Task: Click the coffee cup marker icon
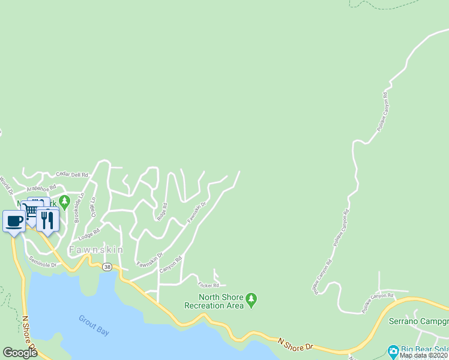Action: coord(14,221)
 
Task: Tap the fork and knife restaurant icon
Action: coord(48,220)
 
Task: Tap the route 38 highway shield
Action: coord(107,266)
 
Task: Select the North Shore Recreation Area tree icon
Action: coord(252,298)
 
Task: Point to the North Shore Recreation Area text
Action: coord(221,301)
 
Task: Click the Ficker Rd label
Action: coord(208,284)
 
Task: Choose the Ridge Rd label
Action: coord(161,212)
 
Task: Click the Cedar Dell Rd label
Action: coord(72,175)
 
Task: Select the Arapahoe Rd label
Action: coord(41,187)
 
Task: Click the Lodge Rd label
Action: coord(89,233)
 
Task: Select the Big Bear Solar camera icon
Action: coord(393,350)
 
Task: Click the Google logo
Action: coord(20,353)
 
